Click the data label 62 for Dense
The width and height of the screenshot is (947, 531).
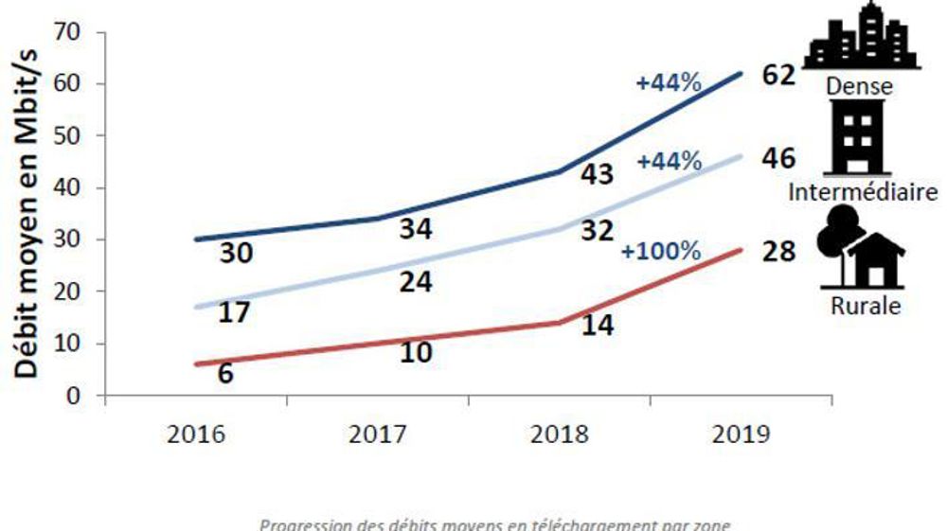pyautogui.click(x=778, y=75)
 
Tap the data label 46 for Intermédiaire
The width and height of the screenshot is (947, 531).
pyautogui.click(x=778, y=158)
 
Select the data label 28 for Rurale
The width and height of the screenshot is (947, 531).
pyautogui.click(x=778, y=253)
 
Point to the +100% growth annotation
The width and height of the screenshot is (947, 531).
pyautogui.click(x=661, y=253)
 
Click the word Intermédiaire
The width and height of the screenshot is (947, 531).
pyautogui.click(x=862, y=193)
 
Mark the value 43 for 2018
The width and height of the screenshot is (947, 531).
pyautogui.click(x=597, y=175)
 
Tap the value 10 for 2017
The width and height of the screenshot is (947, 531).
pyautogui.click(x=414, y=352)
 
